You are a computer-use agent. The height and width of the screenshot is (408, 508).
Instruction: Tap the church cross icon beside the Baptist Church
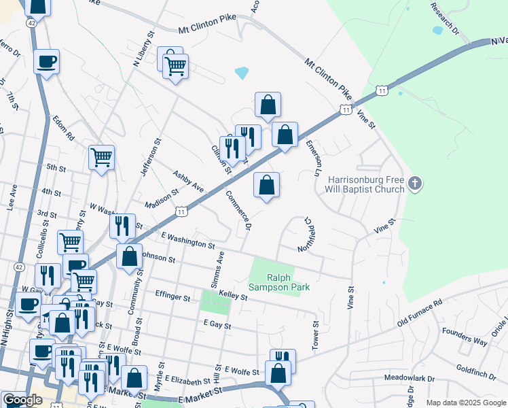416,183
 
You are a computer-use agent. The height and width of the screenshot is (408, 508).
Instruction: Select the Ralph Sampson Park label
288,282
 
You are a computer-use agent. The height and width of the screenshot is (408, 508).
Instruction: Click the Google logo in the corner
22,400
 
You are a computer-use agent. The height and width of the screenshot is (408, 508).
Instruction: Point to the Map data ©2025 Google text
466,403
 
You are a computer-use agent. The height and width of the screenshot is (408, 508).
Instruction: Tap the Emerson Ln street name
312,158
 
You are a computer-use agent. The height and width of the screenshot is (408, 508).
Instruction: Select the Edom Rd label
62,127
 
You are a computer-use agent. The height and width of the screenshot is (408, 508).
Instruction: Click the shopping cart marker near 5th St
101,158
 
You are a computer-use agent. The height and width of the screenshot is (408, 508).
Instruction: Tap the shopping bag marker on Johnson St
129,256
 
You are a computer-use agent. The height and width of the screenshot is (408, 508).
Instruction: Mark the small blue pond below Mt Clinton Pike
241,72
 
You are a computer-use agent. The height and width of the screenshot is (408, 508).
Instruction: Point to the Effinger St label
172,296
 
